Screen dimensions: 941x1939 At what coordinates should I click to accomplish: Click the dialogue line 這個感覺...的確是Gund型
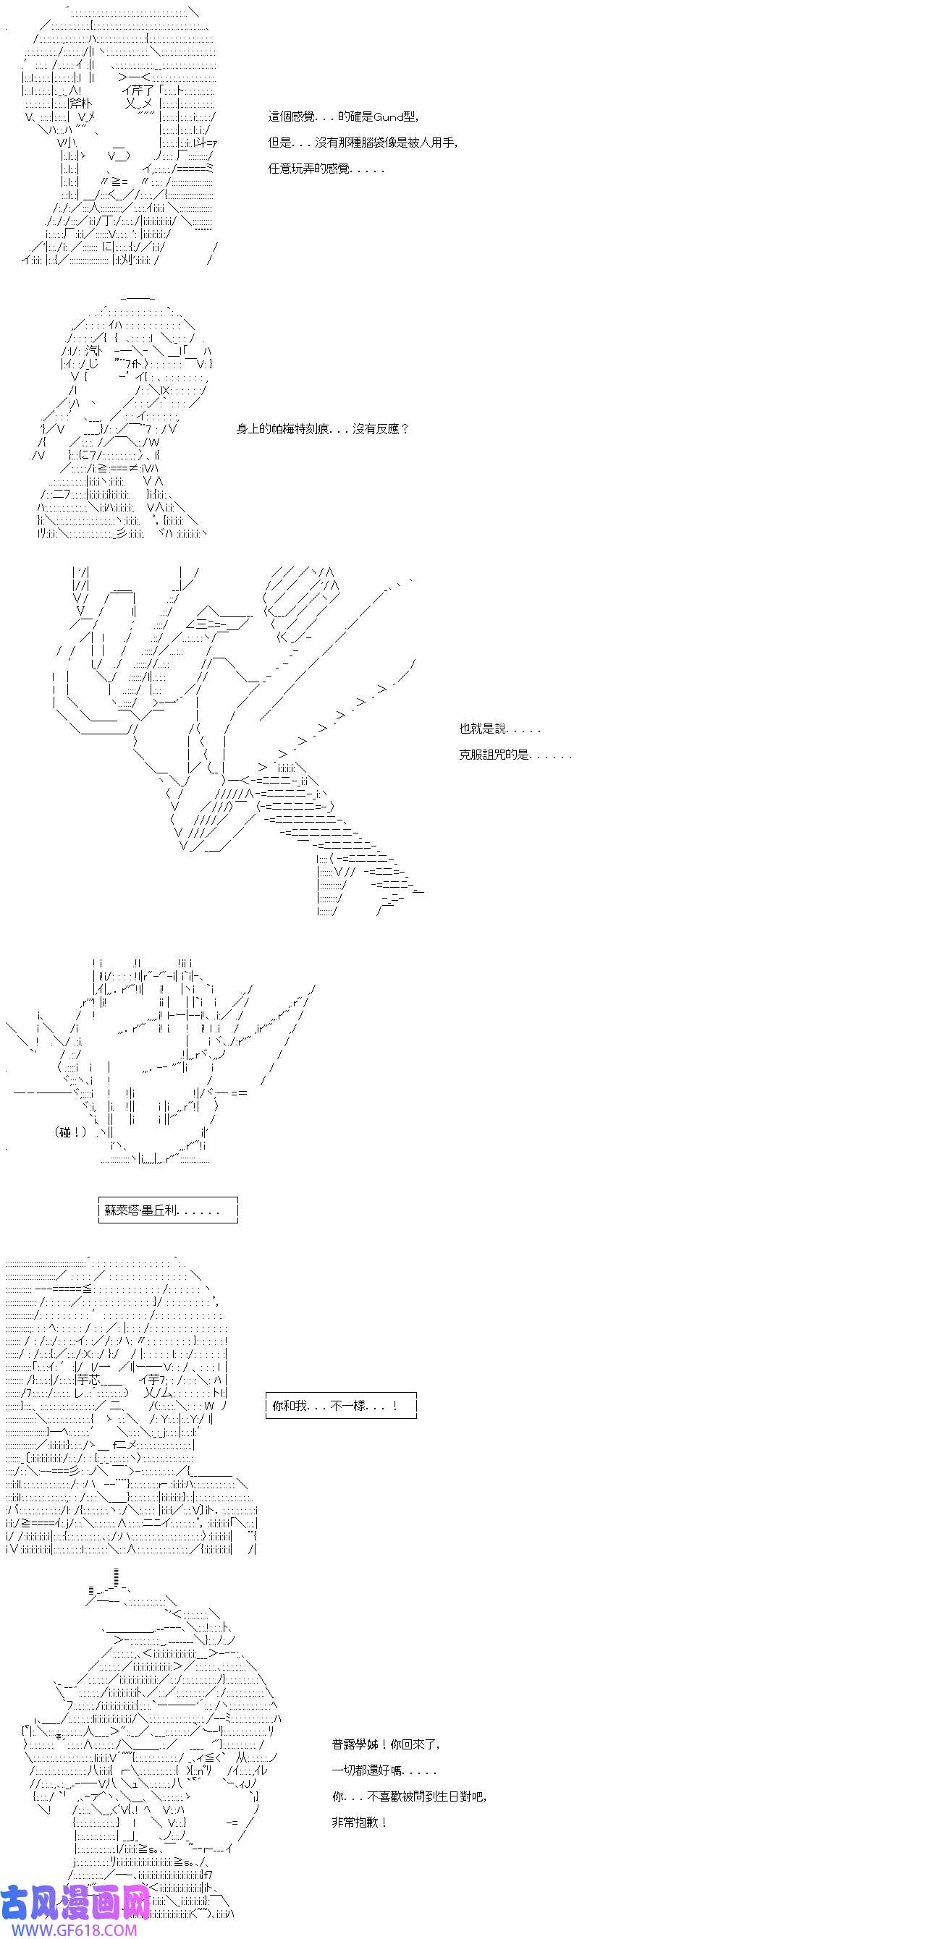tap(343, 116)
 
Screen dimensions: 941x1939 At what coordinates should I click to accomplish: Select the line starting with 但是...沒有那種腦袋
tap(363, 143)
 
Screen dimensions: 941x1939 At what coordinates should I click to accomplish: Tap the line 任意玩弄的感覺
tap(326, 169)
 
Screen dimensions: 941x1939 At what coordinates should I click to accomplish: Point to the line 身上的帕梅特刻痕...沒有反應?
tap(323, 429)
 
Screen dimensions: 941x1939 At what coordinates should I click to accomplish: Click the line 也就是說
tap(500, 729)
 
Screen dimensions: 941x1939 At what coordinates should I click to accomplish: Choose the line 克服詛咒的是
tap(515, 754)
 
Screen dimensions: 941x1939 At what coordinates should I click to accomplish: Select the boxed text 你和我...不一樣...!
tap(341, 1405)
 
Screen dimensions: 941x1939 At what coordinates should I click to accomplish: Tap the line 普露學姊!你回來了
tap(387, 1744)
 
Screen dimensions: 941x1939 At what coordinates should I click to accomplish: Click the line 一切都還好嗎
tap(384, 1770)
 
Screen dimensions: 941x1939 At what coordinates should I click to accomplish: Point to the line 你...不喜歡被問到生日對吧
tap(410, 1796)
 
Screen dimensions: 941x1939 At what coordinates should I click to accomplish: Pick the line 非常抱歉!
tap(360, 1823)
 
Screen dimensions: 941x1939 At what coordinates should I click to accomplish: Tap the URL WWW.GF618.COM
tap(69, 1930)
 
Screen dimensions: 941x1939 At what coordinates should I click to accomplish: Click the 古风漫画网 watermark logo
tap(75, 1902)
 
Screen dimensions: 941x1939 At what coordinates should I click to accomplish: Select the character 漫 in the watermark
tap(75, 1902)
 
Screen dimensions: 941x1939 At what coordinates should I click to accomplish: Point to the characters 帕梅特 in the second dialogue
tap(288, 429)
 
